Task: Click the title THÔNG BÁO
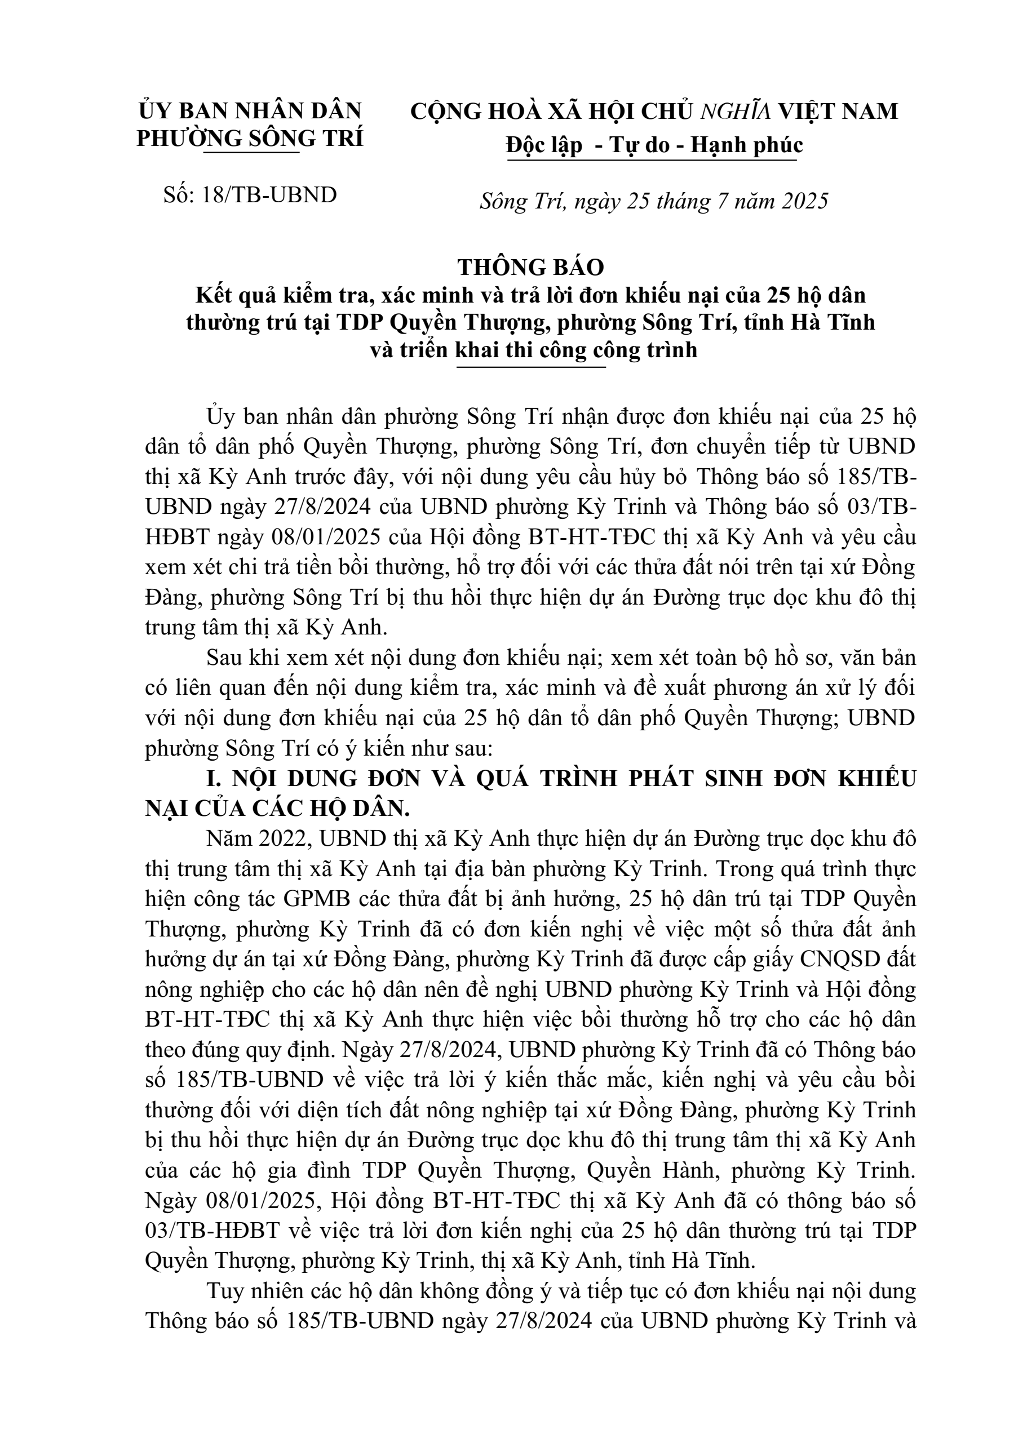[x=530, y=267]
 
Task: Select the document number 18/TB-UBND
[x=269, y=196]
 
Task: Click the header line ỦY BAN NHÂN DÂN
[x=250, y=110]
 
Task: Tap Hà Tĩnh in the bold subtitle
[x=843, y=322]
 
